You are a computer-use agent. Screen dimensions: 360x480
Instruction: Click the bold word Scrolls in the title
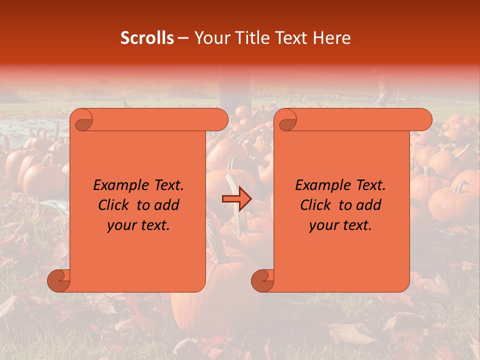coord(147,38)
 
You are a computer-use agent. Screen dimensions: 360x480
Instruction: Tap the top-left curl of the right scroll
coord(287,120)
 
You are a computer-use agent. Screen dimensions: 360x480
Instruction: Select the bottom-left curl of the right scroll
coord(262,280)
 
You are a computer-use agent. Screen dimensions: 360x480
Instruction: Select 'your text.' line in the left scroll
coord(138,225)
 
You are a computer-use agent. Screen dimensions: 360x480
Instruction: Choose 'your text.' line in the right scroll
coord(340,225)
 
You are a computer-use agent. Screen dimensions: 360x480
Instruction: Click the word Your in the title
coord(209,38)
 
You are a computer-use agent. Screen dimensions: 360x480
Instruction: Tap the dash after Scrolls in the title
coord(183,38)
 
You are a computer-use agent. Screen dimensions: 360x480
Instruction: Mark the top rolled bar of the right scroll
coord(360,119)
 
